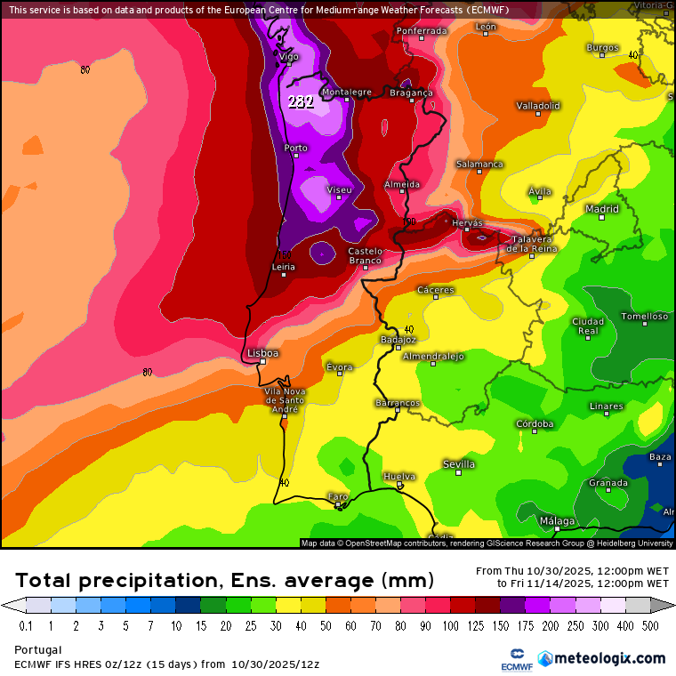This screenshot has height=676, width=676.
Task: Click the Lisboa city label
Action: tap(263, 353)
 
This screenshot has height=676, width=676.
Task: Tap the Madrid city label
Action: tap(602, 209)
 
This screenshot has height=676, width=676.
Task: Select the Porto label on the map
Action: tap(295, 148)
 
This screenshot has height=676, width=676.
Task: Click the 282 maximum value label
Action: tap(301, 101)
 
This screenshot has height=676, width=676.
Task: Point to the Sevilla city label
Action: tap(459, 464)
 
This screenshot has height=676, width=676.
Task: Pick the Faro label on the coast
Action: tap(338, 496)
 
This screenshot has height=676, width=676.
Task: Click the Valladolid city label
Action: tap(538, 106)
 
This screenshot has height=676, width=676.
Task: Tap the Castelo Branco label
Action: tap(365, 256)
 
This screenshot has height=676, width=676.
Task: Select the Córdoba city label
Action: tap(535, 424)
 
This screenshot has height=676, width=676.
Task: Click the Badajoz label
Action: tap(398, 339)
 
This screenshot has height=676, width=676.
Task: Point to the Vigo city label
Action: tap(289, 57)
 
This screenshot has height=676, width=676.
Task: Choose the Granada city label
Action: tap(608, 483)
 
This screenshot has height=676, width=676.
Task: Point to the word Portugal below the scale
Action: tap(38, 650)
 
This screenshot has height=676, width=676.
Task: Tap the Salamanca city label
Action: tap(479, 165)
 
